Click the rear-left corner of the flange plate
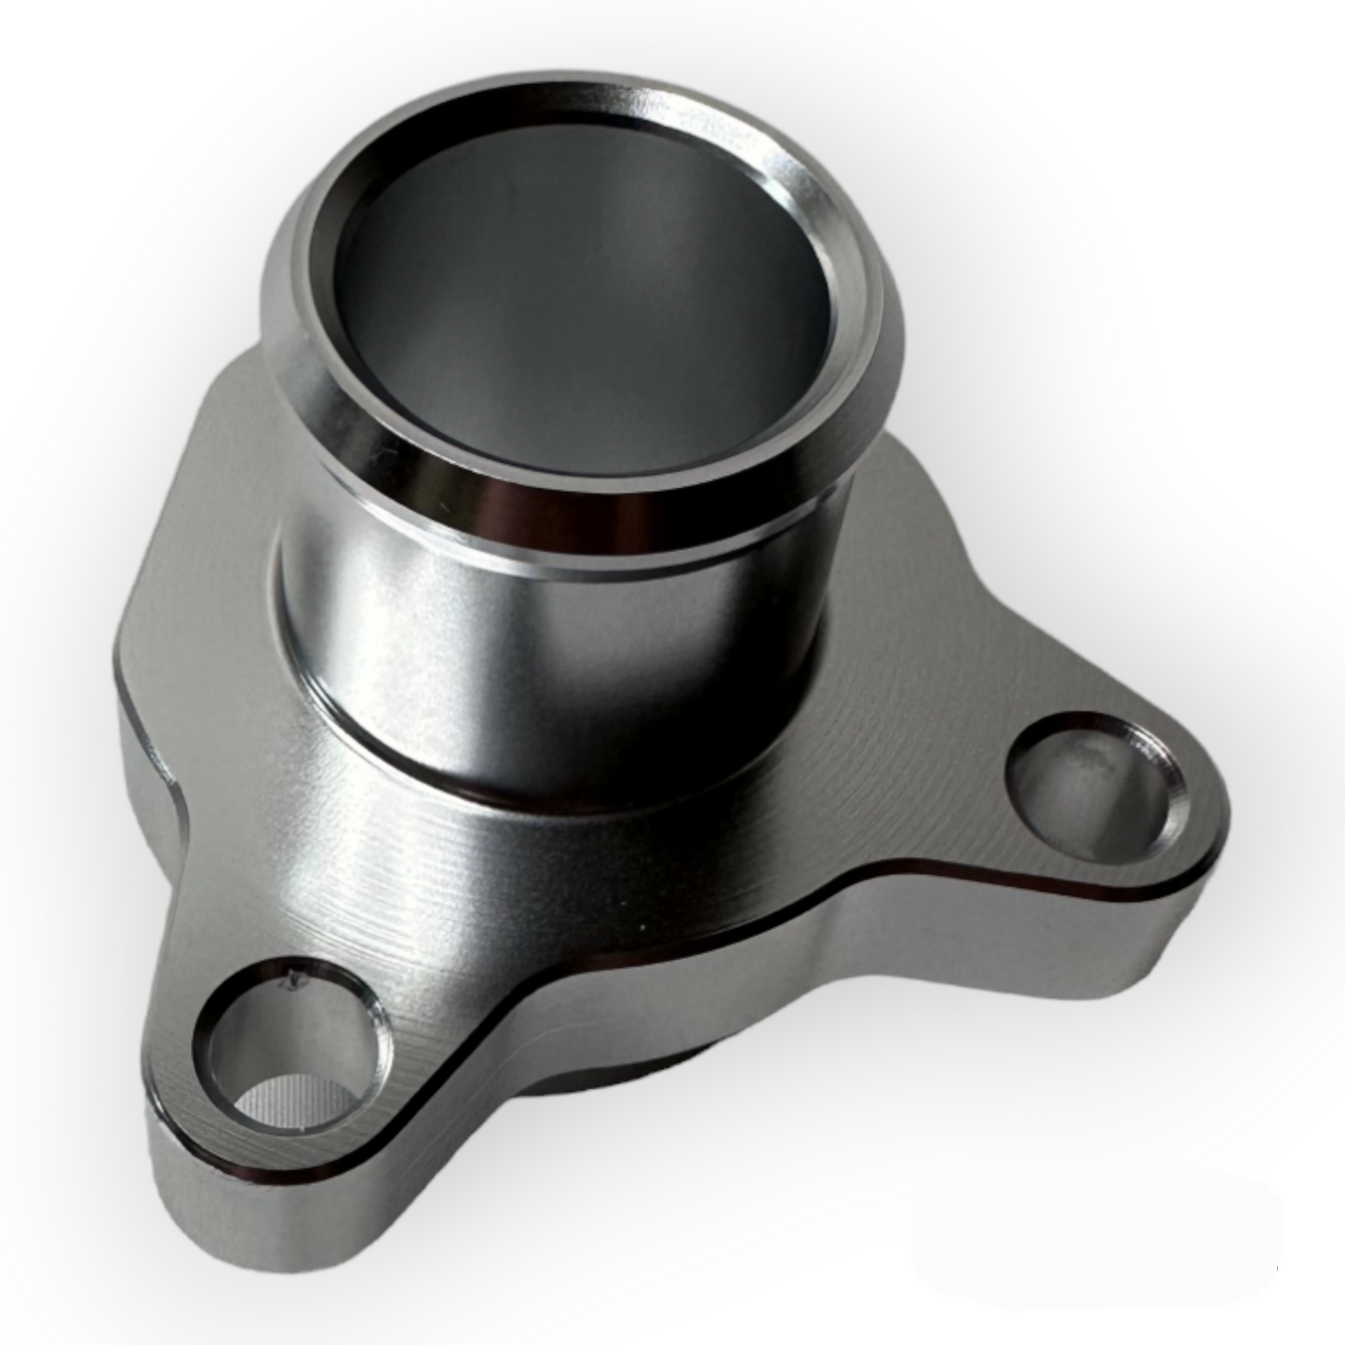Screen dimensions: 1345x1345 [140, 652]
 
